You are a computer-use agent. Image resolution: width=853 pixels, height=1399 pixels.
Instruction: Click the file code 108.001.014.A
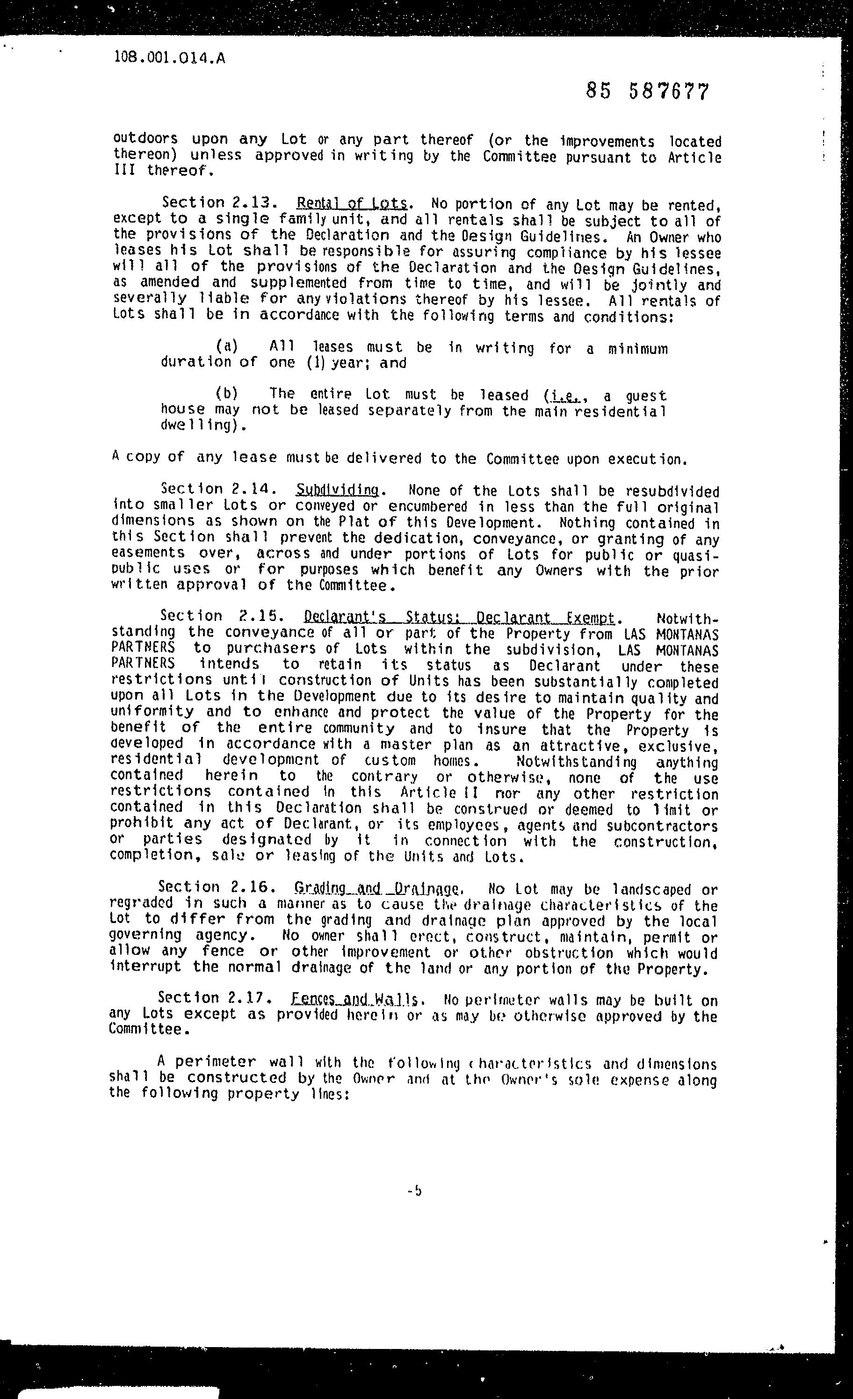pyautogui.click(x=169, y=58)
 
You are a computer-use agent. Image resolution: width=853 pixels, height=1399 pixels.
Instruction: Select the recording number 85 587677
pyautogui.click(x=647, y=91)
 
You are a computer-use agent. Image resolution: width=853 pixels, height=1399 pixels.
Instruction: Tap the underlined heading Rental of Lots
pyautogui.click(x=352, y=204)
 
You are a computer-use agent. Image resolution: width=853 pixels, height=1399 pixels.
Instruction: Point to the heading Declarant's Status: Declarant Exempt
pyautogui.click(x=459, y=617)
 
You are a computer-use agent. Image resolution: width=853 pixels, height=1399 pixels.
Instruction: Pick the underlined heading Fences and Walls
pyautogui.click(x=355, y=1000)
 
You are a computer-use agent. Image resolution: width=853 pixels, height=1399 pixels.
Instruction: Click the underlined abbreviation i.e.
pyautogui.click(x=560, y=395)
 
